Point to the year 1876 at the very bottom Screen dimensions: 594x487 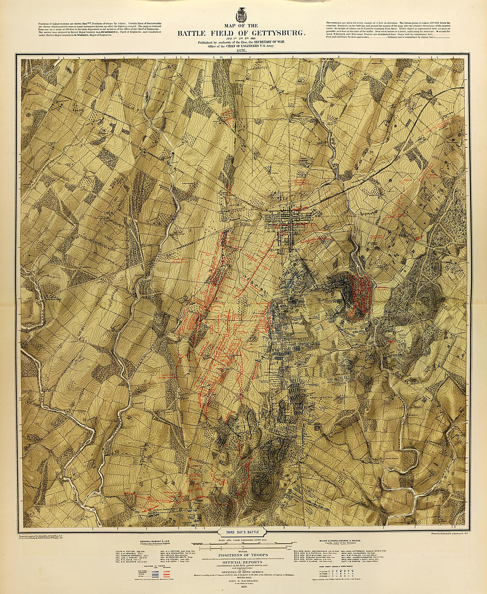241,590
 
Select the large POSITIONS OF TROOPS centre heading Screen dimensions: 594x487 241,555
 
